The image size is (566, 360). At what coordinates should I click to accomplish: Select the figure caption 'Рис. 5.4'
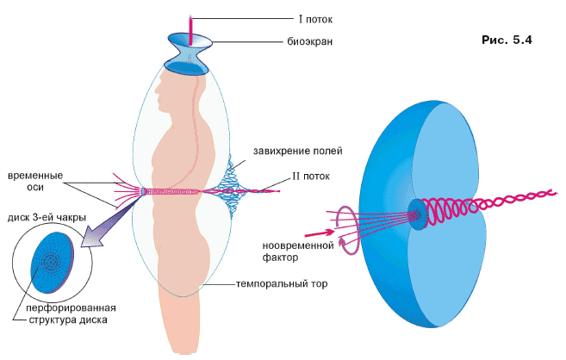point(504,40)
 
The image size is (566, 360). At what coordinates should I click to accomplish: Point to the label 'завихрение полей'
point(298,152)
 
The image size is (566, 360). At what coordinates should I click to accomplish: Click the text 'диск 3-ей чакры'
point(46,218)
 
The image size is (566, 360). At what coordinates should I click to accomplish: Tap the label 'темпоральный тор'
point(279,282)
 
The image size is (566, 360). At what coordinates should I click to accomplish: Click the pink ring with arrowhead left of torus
point(343,229)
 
